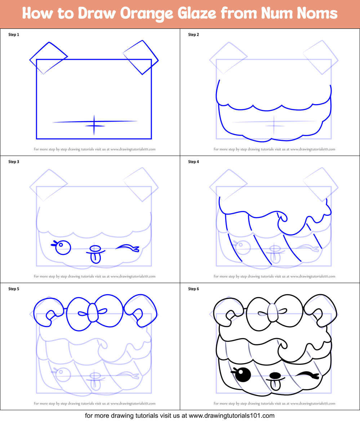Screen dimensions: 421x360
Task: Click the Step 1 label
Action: [14, 35]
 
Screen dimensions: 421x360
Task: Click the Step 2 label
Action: [194, 35]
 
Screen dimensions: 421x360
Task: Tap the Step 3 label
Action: [14, 162]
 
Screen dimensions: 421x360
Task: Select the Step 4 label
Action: [194, 162]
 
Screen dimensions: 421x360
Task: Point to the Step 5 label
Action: [14, 289]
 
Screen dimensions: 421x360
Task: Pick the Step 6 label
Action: [194, 289]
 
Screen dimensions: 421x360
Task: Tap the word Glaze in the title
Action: [197, 14]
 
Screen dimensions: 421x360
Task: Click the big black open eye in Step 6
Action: [244, 375]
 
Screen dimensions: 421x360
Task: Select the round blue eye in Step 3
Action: [63, 247]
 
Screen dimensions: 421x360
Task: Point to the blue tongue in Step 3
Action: [95, 257]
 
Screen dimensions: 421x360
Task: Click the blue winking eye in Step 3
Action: [127, 247]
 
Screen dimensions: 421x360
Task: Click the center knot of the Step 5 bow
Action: [93, 312]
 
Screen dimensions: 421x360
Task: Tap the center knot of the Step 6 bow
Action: [273, 312]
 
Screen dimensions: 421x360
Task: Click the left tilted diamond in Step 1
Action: [48, 58]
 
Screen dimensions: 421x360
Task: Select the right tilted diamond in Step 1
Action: [141, 57]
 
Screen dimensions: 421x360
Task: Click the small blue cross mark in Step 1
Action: [94, 126]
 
